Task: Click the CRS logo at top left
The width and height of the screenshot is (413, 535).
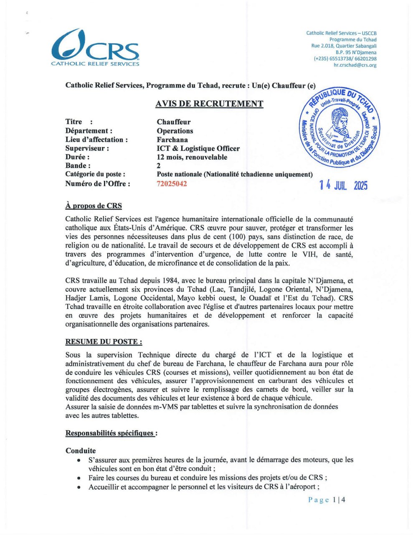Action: pos(95,48)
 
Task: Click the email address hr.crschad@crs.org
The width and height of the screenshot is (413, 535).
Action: pos(355,65)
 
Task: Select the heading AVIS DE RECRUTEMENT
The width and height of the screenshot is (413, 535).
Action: pos(209,104)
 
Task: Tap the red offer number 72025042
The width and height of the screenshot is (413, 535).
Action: pos(172,183)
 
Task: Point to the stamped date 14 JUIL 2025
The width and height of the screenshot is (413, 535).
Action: pos(343,185)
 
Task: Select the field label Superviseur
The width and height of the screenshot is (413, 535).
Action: pos(87,148)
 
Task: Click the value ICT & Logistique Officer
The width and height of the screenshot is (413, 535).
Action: pos(198,148)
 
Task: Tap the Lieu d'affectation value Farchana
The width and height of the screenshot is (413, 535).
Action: pos(172,140)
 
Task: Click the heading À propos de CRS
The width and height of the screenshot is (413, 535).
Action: pos(94,206)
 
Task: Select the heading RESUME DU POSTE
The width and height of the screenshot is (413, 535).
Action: pos(104,341)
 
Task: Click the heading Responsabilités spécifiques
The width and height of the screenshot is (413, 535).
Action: pos(111,433)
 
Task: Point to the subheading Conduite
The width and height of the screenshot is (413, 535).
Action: pos(81,451)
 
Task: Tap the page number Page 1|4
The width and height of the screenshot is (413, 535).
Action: pos(327,499)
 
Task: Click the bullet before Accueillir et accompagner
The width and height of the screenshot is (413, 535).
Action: pos(79,487)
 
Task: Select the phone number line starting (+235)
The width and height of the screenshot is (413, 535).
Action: pos(345,59)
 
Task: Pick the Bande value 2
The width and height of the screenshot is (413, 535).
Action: pos(159,166)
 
